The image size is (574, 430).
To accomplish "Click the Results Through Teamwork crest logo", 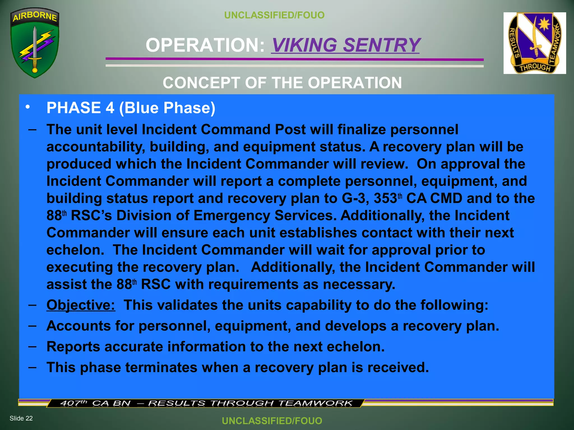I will click(534, 43).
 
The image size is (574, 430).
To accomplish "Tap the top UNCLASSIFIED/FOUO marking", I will click(274, 15).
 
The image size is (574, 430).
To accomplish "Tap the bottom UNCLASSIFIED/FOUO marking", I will click(272, 421).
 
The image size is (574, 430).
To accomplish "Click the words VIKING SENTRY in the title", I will click(345, 45).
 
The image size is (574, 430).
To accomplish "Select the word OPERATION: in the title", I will click(205, 45).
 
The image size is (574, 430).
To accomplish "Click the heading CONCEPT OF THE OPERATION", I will click(282, 83).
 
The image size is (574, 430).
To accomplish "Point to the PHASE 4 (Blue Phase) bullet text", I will click(131, 108).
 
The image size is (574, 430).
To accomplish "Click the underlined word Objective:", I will click(81, 305).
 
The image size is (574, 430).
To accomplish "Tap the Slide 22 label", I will click(21, 418).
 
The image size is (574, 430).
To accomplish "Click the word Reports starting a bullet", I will click(73, 347).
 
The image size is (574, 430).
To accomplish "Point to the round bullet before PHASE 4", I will click(27, 107).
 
